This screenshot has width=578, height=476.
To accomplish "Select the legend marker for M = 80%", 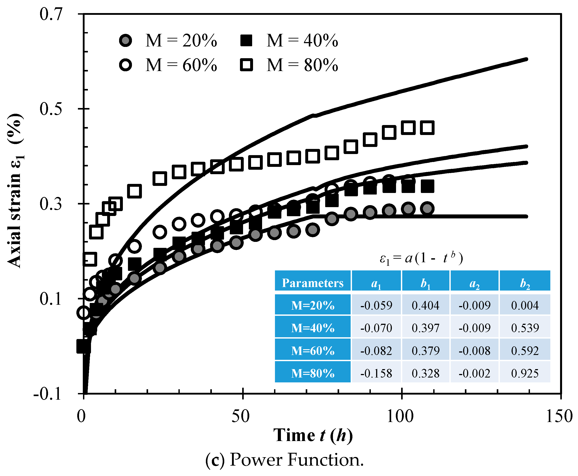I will click(246, 65).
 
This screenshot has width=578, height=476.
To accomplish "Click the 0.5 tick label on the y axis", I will click(51, 109).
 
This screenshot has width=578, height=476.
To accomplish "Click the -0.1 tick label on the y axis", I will click(47, 394).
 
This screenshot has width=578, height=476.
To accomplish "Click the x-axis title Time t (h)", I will click(313, 436).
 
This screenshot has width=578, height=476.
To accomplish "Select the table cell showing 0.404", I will click(425, 305).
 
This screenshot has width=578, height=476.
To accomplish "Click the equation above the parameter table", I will click(421, 258).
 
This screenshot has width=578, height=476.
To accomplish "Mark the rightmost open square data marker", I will click(427, 128).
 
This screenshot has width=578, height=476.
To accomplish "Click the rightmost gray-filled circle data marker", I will click(427, 208).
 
